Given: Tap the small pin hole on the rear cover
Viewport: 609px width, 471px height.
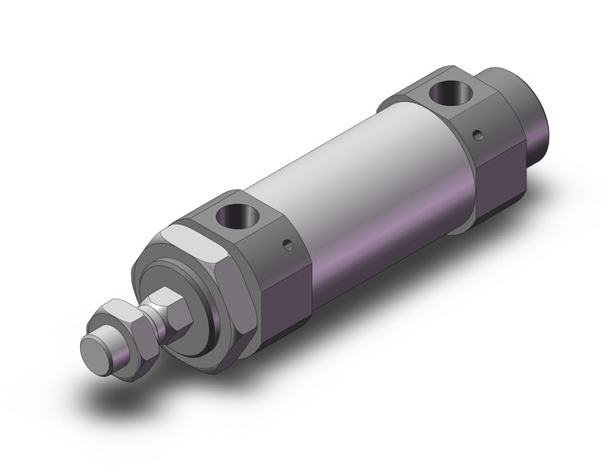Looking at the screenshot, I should click(478, 133).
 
